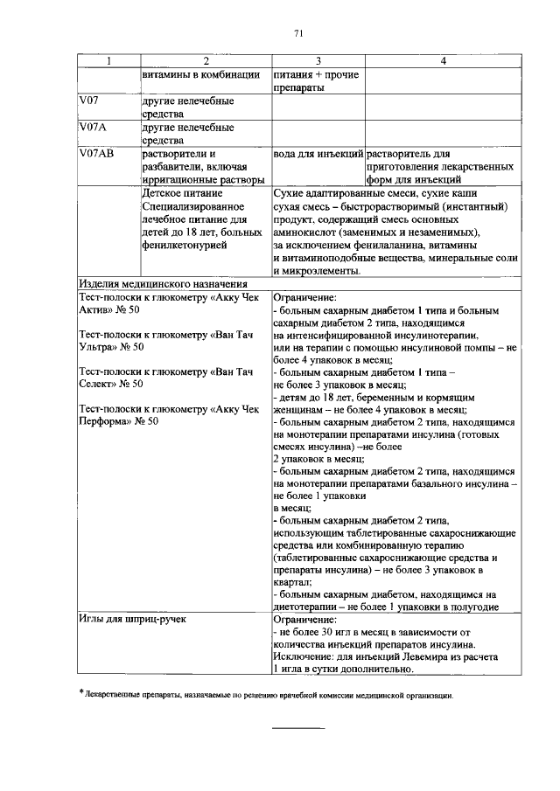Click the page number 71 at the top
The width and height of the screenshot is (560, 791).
(297, 33)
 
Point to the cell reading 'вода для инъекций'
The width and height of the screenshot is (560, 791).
(318, 154)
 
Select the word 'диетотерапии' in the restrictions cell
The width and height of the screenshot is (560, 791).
(309, 607)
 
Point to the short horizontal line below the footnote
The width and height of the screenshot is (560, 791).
(297, 727)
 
